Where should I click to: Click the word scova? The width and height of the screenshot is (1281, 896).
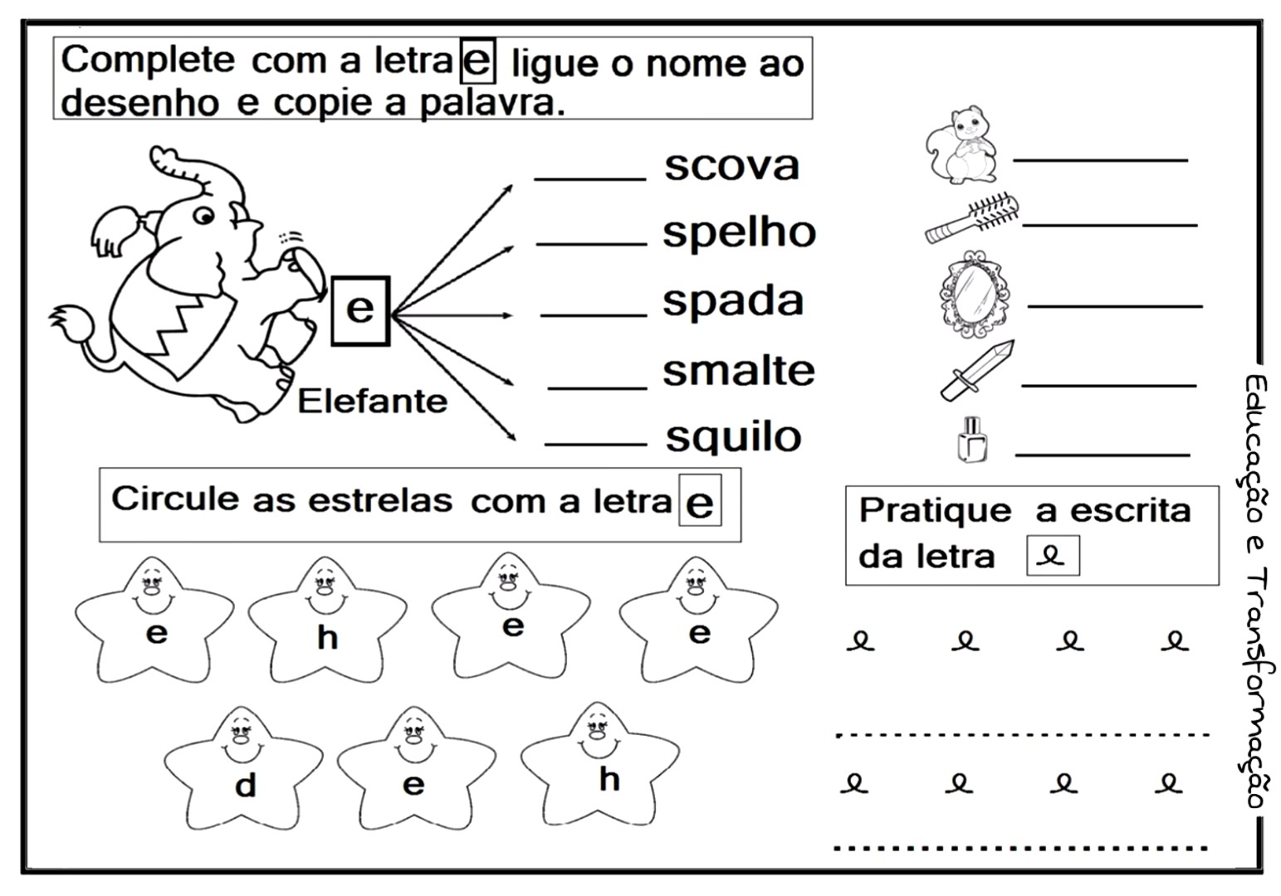click(731, 166)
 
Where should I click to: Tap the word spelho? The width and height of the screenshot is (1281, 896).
click(739, 233)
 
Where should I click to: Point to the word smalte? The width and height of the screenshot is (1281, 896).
click(738, 371)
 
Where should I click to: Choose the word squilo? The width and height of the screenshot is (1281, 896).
click(733, 436)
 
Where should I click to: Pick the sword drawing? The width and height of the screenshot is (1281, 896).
click(977, 369)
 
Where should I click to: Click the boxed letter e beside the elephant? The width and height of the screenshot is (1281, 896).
click(359, 309)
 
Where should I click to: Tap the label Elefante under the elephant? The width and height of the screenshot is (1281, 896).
click(372, 402)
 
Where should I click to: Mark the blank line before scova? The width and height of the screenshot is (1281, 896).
click(590, 178)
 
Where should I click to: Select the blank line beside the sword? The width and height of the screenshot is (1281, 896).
click(1107, 384)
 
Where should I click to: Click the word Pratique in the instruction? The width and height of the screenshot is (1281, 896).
click(935, 510)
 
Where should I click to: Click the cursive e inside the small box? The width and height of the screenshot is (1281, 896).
click(1053, 556)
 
